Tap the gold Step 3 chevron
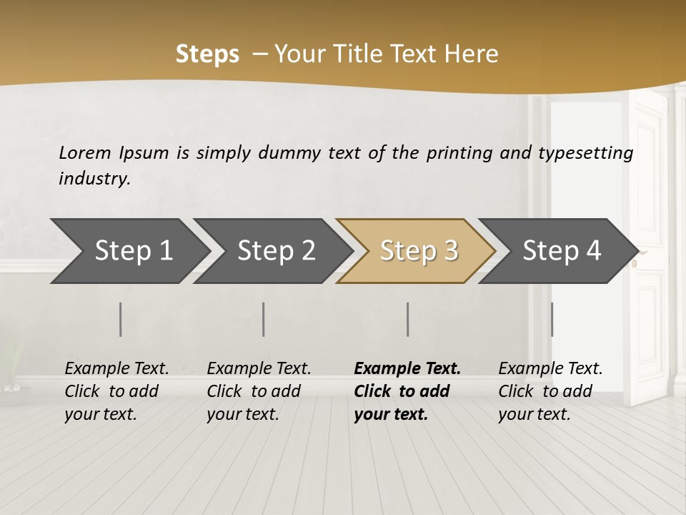[419, 251]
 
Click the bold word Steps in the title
[207, 54]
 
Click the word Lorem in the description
[84, 153]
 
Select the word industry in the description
[94, 179]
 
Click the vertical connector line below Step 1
[121, 319]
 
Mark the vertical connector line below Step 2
[264, 319]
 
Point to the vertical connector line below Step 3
[408, 319]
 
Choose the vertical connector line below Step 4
[552, 319]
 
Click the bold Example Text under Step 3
[407, 368]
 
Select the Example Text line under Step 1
[116, 368]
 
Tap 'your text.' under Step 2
[242, 414]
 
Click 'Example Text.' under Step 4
[550, 368]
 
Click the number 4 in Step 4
[592, 251]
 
